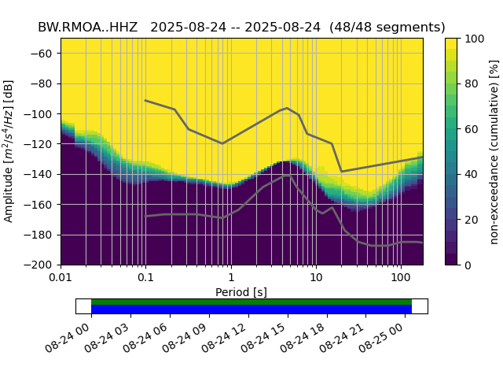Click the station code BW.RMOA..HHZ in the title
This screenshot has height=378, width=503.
(88, 27)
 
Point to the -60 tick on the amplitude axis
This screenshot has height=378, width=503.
(46, 54)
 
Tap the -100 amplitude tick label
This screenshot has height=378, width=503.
(42, 114)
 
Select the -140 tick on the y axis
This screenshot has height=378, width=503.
(42, 174)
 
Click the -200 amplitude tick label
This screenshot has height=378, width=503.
(42, 265)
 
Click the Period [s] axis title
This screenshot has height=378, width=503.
(241, 292)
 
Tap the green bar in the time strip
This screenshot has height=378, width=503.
(251, 302)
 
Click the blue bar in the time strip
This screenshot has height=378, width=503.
(251, 309)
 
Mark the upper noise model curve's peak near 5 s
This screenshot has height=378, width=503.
(287, 108)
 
